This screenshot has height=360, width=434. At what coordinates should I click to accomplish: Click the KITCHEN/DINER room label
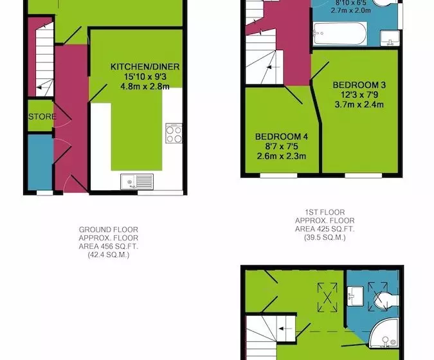pyautogui.click(x=145, y=67)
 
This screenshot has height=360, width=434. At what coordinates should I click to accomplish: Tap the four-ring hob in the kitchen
pyautogui.click(x=174, y=133)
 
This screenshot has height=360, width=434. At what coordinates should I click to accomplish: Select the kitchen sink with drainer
pyautogui.click(x=137, y=182)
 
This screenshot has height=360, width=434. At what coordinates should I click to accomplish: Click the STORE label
pyautogui.click(x=42, y=116)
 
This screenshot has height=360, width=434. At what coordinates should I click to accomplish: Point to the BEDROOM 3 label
pyautogui.click(x=359, y=85)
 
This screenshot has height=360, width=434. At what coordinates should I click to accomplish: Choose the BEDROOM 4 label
pyautogui.click(x=282, y=136)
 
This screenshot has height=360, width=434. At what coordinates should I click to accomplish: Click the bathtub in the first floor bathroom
pyautogui.click(x=340, y=34)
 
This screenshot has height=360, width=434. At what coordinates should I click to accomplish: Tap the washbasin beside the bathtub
pyautogui.click(x=390, y=38)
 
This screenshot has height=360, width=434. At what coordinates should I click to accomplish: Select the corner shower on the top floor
pyautogui.click(x=384, y=332)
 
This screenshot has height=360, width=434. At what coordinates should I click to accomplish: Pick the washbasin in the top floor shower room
pyautogui.click(x=355, y=296)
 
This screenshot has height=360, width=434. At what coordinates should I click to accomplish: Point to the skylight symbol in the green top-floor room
pyautogui.click(x=327, y=297)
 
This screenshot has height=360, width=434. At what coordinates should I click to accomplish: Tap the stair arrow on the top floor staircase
pyautogui.click(x=285, y=328)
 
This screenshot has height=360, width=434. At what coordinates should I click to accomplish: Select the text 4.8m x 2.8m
pyautogui.click(x=145, y=87)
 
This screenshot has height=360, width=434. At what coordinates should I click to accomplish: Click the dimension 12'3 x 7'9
pyautogui.click(x=359, y=95)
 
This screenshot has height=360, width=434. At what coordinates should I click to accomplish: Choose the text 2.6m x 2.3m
pyautogui.click(x=282, y=156)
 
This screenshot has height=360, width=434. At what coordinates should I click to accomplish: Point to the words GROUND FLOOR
pyautogui.click(x=109, y=230)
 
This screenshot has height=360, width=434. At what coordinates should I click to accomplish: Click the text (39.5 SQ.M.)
pyautogui.click(x=325, y=237)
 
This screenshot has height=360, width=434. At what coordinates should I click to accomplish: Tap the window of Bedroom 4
pyautogui.click(x=278, y=175)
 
